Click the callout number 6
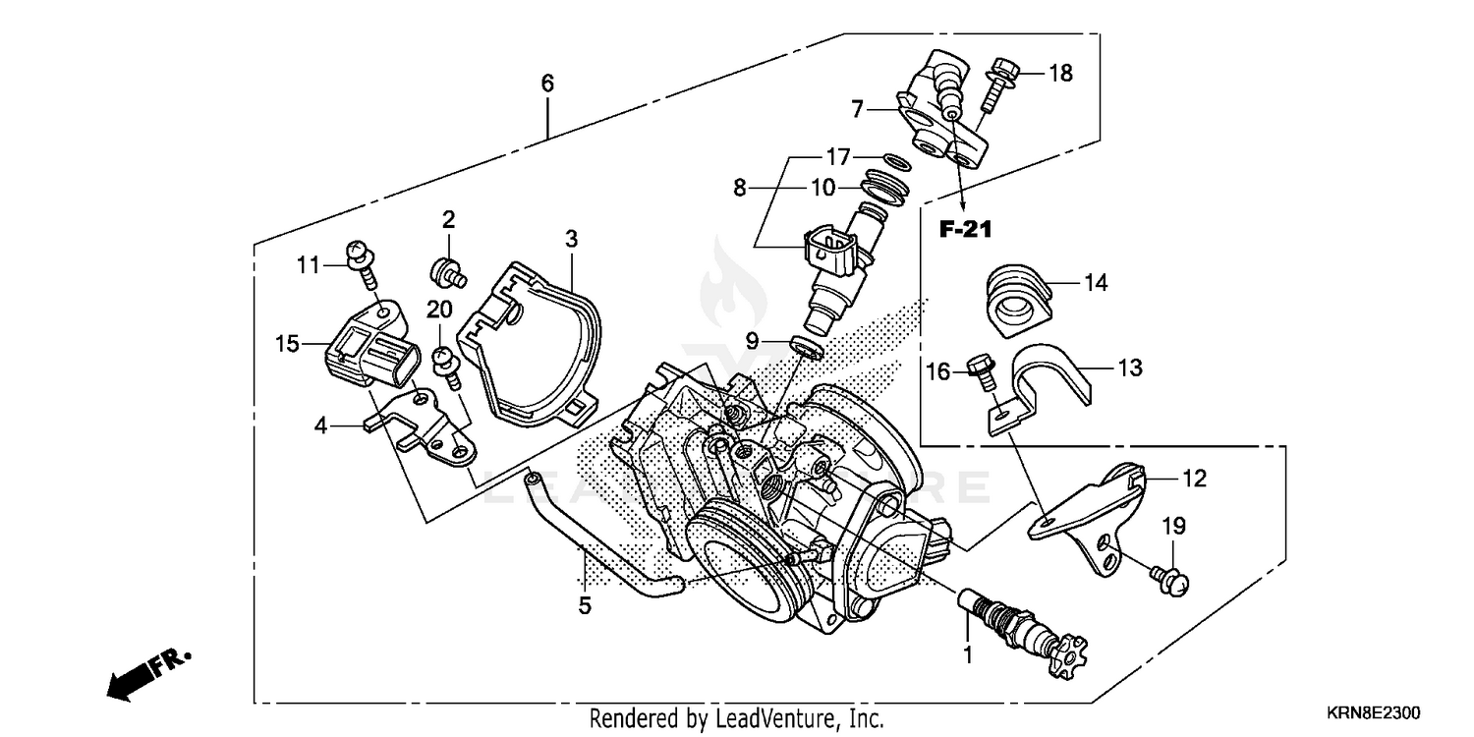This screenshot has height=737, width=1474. (x=547, y=84)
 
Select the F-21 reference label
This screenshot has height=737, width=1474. (x=966, y=230)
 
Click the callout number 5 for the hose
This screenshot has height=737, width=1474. (x=585, y=606)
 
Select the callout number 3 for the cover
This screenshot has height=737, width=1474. (x=571, y=239)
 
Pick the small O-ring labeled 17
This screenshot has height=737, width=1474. (x=892, y=159)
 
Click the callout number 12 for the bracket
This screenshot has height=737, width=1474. (x=1194, y=480)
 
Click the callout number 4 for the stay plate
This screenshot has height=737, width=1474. (x=320, y=426)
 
